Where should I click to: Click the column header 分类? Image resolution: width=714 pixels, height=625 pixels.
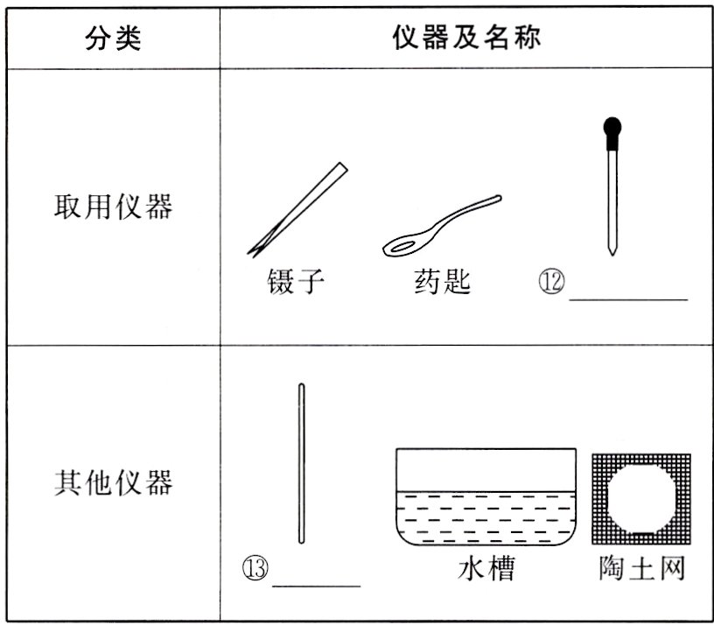pos(113,38)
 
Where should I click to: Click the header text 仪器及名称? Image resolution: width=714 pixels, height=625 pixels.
pos(466,38)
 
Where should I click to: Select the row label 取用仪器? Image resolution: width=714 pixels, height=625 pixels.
pos(113,207)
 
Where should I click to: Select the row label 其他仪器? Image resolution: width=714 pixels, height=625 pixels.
pos(113,482)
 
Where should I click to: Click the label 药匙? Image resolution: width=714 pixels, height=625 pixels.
pos(442,281)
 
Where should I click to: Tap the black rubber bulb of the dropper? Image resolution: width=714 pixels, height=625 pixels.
pos(613,129)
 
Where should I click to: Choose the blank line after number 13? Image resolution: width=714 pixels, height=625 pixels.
pos(317,584)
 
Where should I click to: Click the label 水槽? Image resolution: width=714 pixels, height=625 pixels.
pos(486,569)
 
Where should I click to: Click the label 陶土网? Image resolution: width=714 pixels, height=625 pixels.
pos(641,569)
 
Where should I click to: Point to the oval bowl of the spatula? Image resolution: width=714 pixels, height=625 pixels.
pos(403,246)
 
